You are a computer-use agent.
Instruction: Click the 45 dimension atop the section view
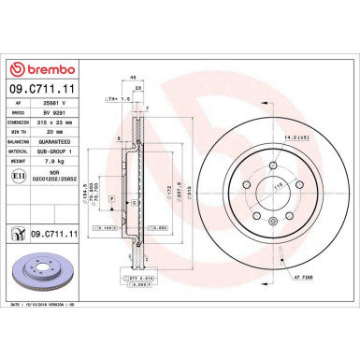pos(134,78)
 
